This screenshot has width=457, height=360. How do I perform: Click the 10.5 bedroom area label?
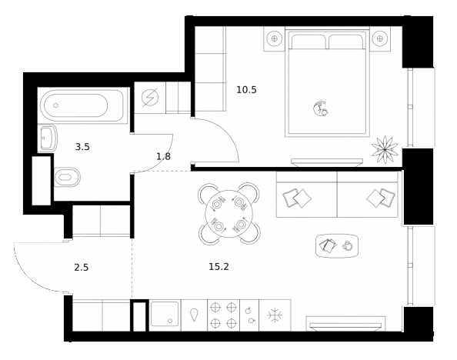[x=246, y=89]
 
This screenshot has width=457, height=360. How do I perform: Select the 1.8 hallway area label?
[x=163, y=157]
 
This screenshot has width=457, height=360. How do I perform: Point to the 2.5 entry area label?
[x=82, y=268]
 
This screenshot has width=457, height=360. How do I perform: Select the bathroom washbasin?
[x=46, y=138]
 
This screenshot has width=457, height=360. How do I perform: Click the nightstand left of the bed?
[x=274, y=37]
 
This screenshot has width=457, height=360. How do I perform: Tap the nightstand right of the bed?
[x=378, y=37]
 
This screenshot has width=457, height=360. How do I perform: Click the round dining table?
[x=229, y=213]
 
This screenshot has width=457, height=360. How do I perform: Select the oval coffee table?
[x=337, y=245]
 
